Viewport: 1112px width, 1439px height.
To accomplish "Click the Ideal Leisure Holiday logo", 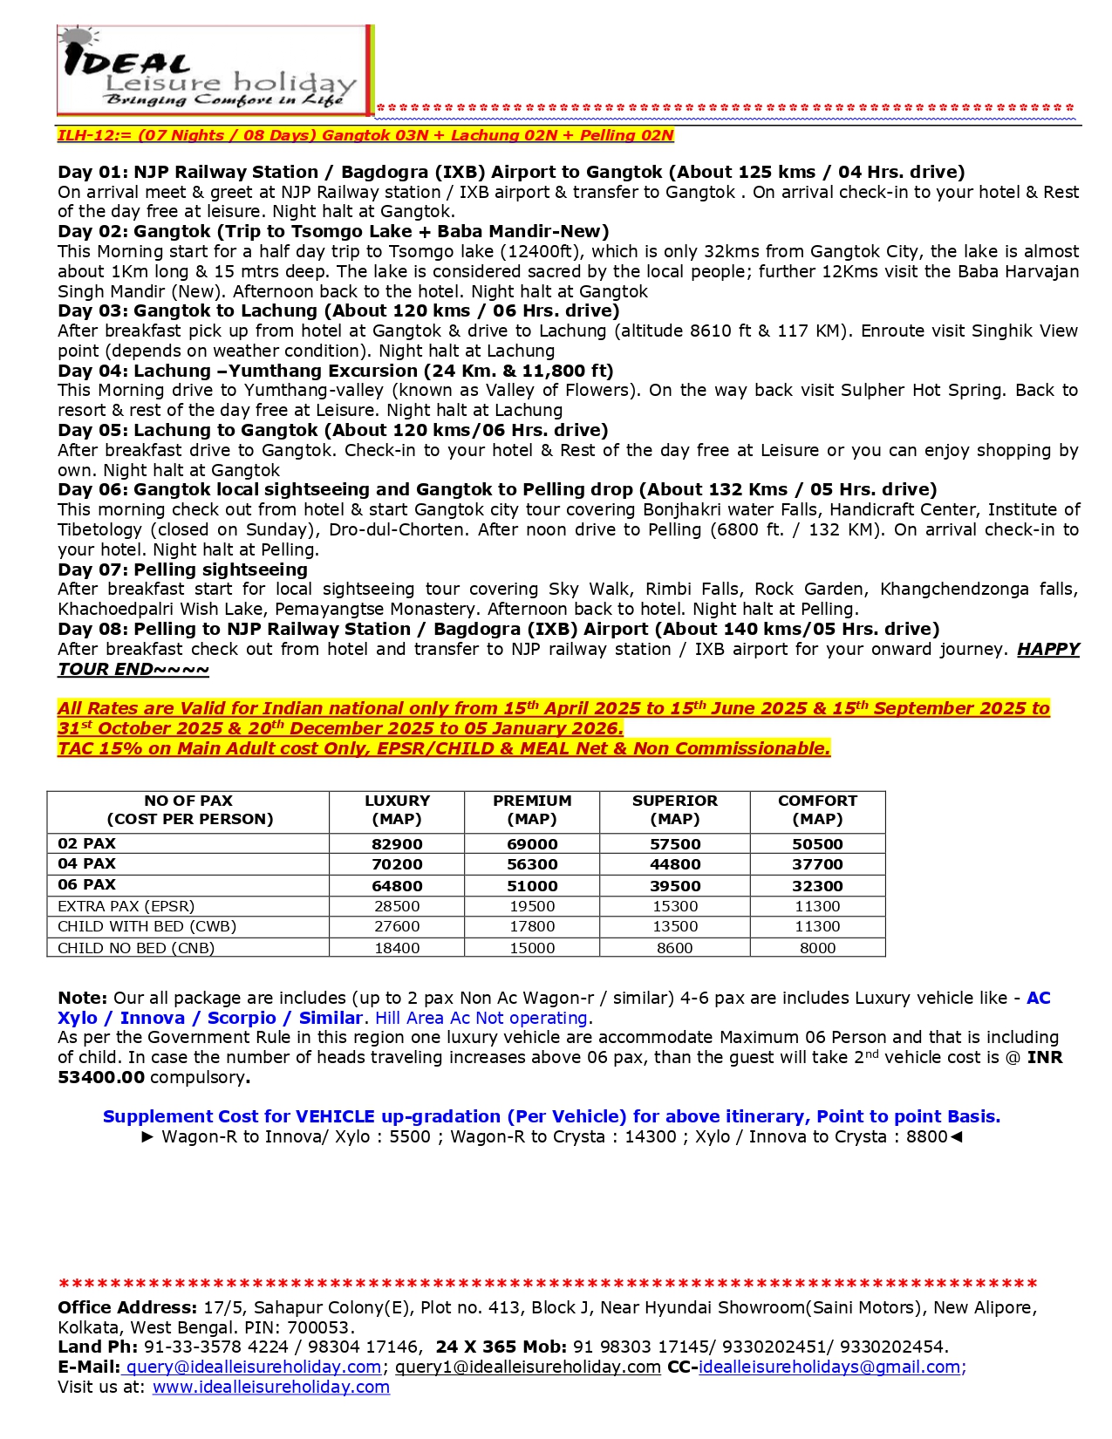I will pyautogui.click(x=215, y=70).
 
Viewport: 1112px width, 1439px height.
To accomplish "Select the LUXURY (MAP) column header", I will pyautogui.click(x=397, y=810).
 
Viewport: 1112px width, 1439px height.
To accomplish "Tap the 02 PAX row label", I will pyautogui.click(x=87, y=843).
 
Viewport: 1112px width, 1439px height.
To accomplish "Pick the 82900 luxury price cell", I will pyautogui.click(x=397, y=844).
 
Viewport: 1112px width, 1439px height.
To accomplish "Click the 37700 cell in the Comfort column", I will pyautogui.click(x=817, y=864).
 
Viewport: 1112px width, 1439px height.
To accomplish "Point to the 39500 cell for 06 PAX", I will pyautogui.click(x=675, y=885).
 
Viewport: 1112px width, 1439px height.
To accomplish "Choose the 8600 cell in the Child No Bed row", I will pyautogui.click(x=675, y=947).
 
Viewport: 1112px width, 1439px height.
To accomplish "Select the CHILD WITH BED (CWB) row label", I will pyautogui.click(x=147, y=926).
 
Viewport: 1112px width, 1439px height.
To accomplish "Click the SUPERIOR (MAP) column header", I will pyautogui.click(x=675, y=810).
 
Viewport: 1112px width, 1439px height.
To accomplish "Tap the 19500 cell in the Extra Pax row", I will pyautogui.click(x=532, y=906).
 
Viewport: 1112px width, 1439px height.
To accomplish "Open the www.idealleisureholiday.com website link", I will pyautogui.click(x=271, y=1387).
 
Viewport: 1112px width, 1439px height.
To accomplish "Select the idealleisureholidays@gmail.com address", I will pyautogui.click(x=829, y=1367).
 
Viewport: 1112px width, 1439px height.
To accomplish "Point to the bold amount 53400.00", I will pyautogui.click(x=101, y=1077).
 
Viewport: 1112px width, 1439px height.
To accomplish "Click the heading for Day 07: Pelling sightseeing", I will pyautogui.click(x=183, y=569).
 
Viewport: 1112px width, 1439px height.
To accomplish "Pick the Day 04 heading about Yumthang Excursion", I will pyautogui.click(x=336, y=371).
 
